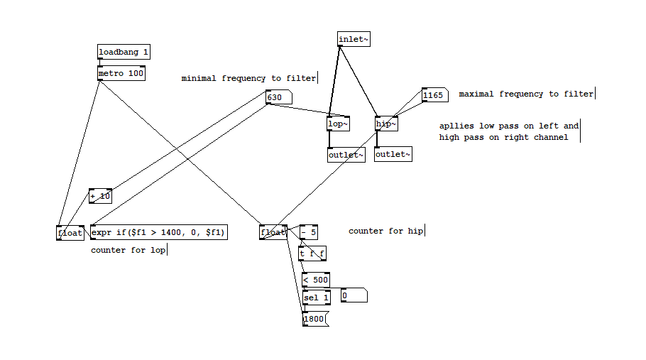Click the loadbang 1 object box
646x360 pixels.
click(124, 52)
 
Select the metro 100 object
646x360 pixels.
click(121, 73)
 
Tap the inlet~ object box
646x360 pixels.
click(354, 39)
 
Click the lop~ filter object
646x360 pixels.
click(338, 124)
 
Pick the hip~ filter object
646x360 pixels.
click(385, 124)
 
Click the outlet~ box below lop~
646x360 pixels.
click(346, 155)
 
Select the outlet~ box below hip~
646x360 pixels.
click(393, 154)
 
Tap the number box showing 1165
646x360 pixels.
click(433, 94)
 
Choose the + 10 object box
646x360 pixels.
click(100, 196)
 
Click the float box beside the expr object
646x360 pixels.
click(70, 232)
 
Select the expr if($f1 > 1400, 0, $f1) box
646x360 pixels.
click(158, 232)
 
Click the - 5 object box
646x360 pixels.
click(309, 231)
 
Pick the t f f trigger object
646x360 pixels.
click(312, 253)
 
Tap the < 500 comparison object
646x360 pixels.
click(315, 280)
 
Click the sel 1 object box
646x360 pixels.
click(316, 297)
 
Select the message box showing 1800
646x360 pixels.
click(314, 319)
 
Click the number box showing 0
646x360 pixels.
click(353, 295)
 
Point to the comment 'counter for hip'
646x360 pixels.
click(385, 231)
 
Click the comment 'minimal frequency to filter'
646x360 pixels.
click(248, 78)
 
